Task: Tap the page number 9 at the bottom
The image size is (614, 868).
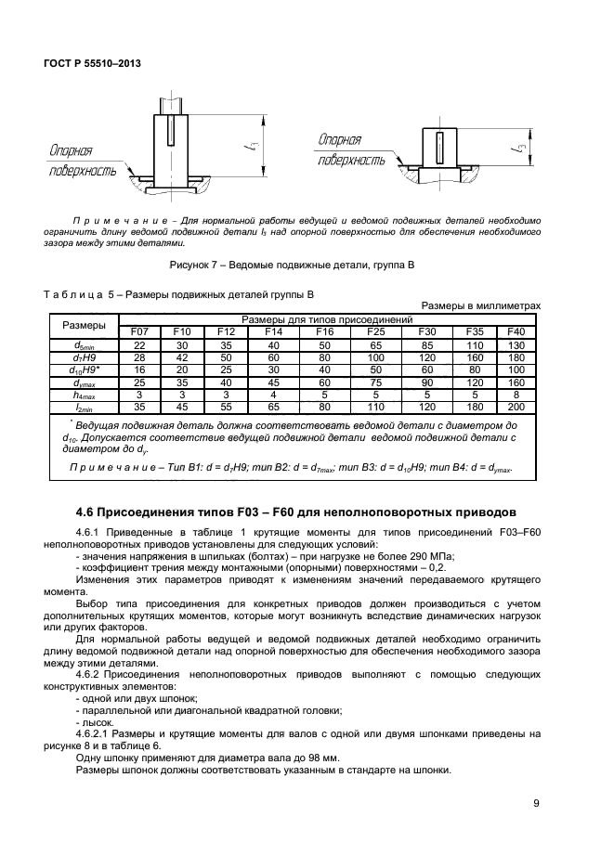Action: (536, 804)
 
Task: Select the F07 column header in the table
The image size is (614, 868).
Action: (140, 331)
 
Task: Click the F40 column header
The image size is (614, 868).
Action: (516, 331)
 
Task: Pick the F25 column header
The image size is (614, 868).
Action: (375, 331)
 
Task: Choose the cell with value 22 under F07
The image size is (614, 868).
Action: (140, 344)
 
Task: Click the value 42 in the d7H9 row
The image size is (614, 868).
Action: (181, 356)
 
